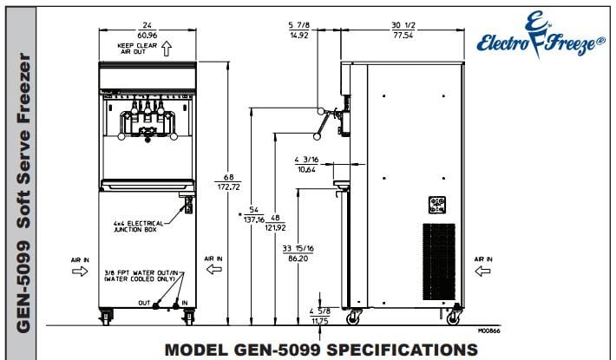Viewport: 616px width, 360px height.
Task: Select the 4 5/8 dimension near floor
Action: tap(322, 314)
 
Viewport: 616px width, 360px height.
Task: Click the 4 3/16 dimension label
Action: tap(307, 164)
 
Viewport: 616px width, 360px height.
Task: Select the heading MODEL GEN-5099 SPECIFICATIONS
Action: tap(321, 349)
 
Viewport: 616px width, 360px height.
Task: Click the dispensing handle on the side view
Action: tap(323, 124)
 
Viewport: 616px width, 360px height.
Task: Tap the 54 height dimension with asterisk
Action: tap(253, 214)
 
